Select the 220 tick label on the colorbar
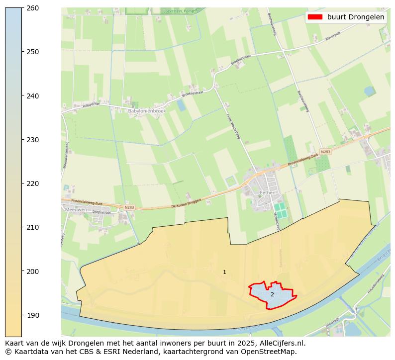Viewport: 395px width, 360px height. [x=33, y=183]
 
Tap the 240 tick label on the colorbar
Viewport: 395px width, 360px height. [x=33, y=96]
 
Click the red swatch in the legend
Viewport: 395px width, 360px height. [x=315, y=17]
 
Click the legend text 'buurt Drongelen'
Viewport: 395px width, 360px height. [x=355, y=17]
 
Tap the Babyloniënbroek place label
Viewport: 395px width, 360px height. [x=146, y=111]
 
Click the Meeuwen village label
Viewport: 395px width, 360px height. [x=76, y=210]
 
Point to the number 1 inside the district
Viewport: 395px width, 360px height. [x=224, y=272]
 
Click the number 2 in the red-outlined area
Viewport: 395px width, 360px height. [x=272, y=294]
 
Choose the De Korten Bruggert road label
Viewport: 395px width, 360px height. [x=186, y=202]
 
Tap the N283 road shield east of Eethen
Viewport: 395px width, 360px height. [x=325, y=152]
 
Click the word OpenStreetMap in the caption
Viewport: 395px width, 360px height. [x=271, y=352]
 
